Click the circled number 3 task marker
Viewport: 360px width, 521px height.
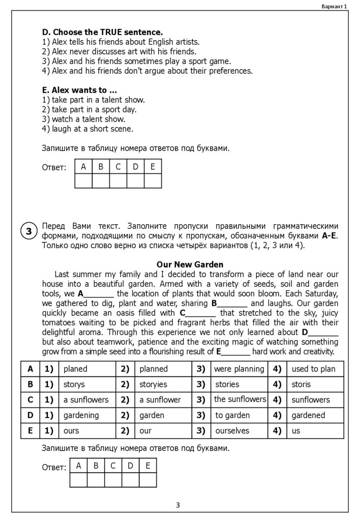click(29, 231)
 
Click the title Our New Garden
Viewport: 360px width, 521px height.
click(190, 265)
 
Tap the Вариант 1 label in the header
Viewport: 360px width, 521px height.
click(334, 6)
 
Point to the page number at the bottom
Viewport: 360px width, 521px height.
click(177, 505)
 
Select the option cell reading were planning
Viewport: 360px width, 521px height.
click(239, 369)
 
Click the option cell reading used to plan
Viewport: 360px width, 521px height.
click(313, 369)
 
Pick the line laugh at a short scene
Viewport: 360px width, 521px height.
click(87, 129)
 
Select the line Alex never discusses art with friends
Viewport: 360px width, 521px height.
click(119, 51)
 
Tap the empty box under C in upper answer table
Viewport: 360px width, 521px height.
click(118, 181)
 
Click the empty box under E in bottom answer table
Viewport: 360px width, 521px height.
click(147, 480)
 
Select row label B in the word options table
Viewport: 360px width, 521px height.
click(31, 384)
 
